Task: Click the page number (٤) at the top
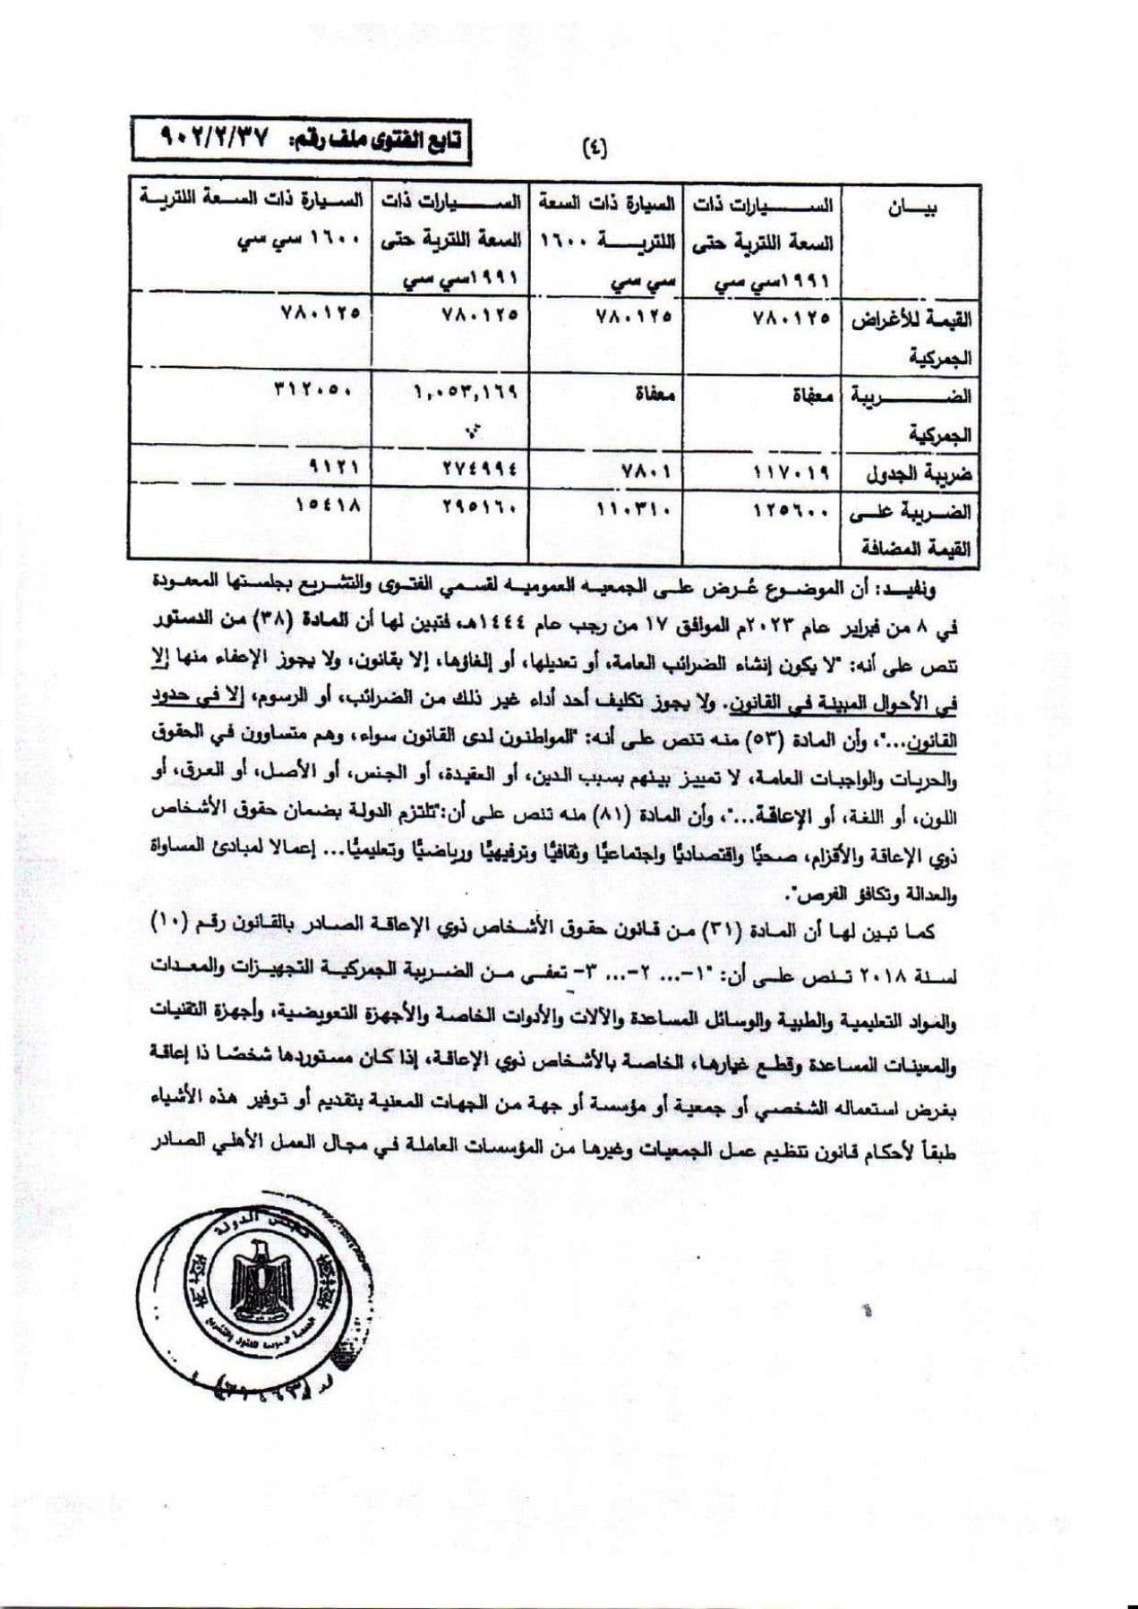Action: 594,147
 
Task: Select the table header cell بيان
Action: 911,210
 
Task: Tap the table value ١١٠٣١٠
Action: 634,509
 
